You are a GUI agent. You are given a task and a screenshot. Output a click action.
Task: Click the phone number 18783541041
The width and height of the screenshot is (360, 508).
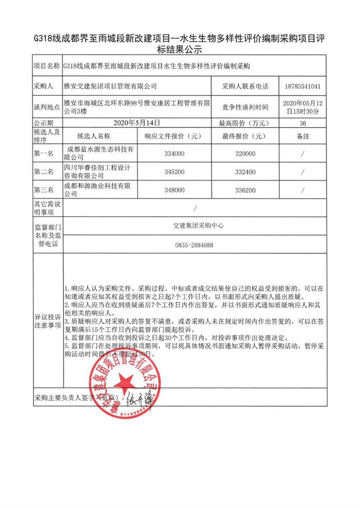coord(302,86)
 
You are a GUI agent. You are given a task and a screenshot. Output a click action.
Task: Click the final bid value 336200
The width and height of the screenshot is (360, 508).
coord(245,191)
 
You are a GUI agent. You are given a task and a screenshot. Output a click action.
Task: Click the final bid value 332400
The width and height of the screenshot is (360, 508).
coord(245,172)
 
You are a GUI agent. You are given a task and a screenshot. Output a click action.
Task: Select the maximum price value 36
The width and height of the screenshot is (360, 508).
coord(302,123)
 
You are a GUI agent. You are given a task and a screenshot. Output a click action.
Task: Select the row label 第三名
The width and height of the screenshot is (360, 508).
coord(43,191)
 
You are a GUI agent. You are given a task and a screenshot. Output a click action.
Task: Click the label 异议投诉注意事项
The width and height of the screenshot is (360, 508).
coord(47,321)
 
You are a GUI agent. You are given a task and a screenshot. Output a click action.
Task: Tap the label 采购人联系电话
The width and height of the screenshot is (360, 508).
coord(245,86)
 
